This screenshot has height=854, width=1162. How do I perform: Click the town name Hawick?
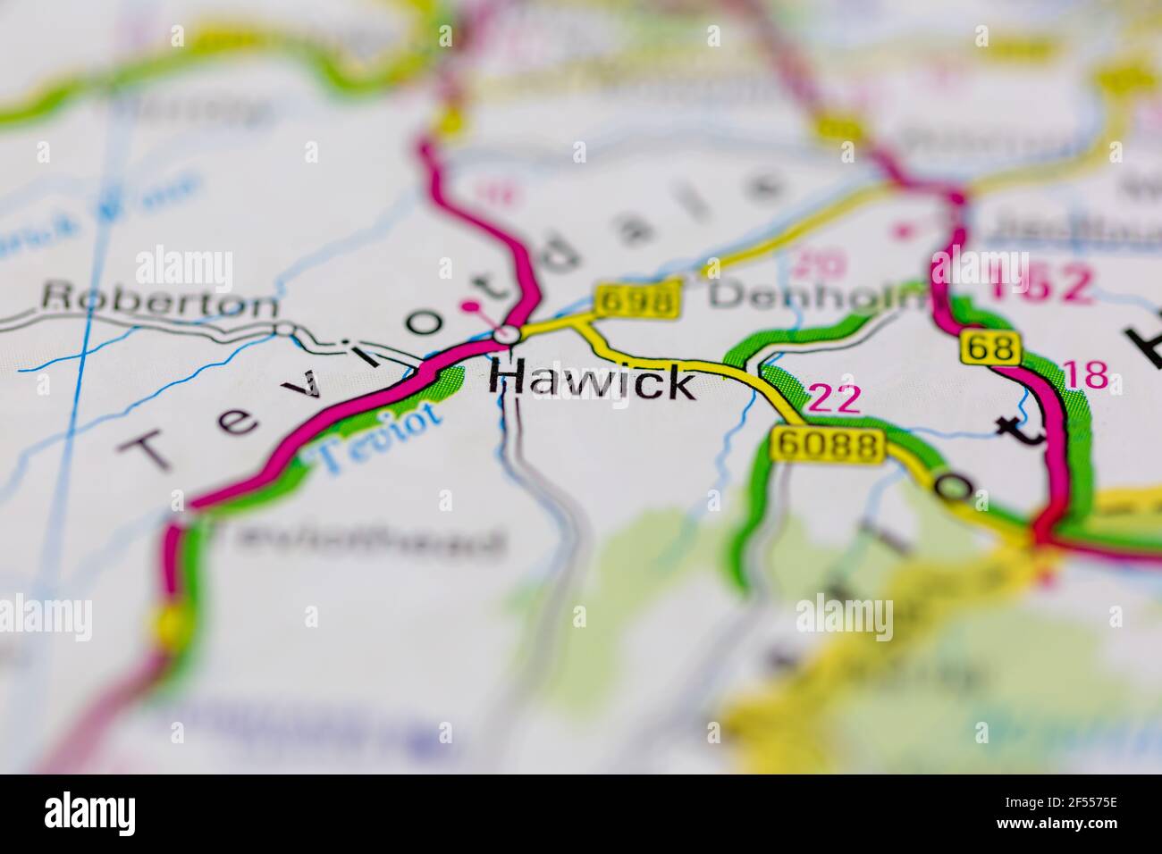(x=592, y=382)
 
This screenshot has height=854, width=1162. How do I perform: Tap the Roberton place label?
(x=161, y=299)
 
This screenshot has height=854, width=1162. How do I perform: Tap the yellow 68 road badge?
(x=991, y=347)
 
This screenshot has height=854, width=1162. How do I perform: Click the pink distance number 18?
(x=1086, y=375)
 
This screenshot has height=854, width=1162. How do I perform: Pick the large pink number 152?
(x=1040, y=283)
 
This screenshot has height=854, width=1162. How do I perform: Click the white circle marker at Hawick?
(x=507, y=335)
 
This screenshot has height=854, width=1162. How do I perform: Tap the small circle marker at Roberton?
(x=284, y=331)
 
